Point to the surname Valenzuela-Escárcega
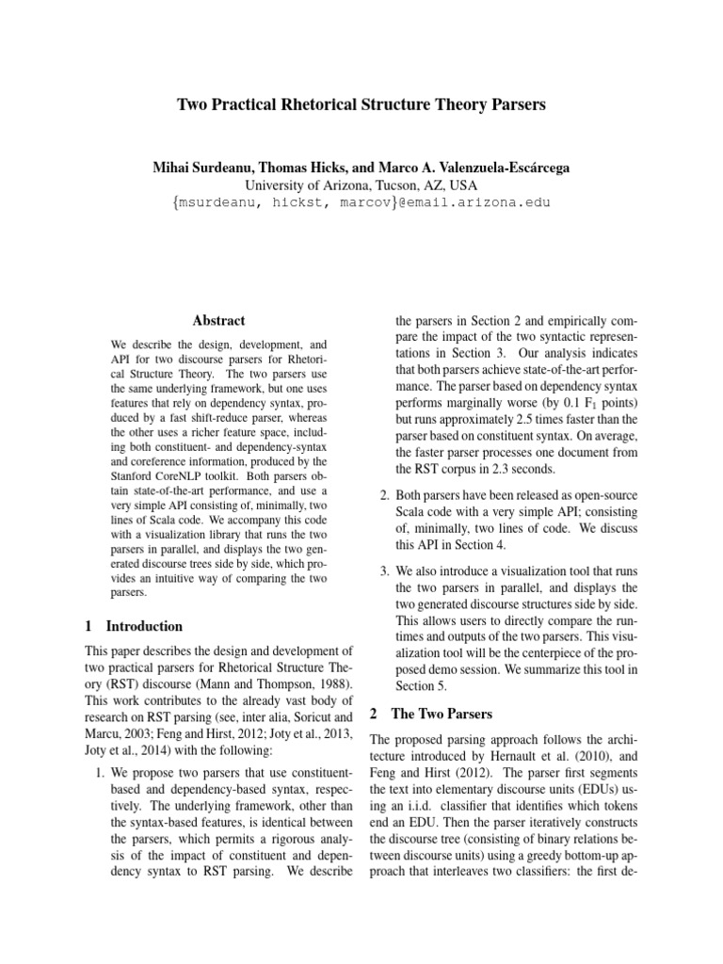496,168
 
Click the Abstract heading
219,320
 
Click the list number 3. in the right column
384,570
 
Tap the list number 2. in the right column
384,496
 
